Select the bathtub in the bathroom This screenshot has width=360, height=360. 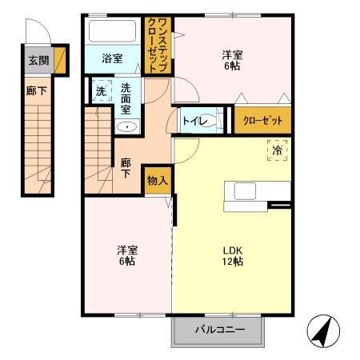(x=113, y=33)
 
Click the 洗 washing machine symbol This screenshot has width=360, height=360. (x=101, y=91)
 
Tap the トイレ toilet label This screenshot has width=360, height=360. (x=195, y=121)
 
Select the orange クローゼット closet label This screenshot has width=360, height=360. (x=262, y=121)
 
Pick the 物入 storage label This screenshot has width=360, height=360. (x=157, y=180)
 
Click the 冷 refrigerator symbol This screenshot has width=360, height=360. (x=277, y=150)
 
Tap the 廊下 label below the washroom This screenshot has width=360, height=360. (x=126, y=167)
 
